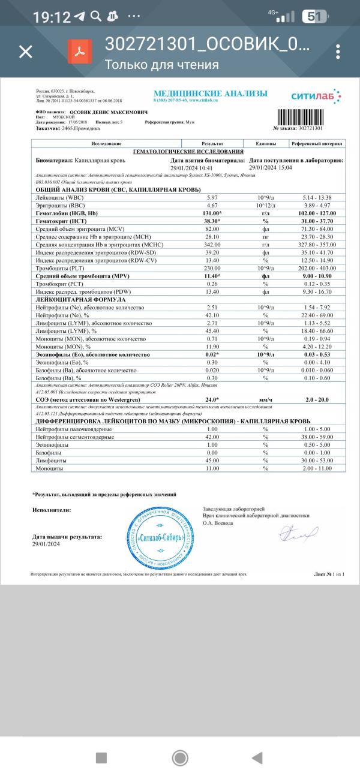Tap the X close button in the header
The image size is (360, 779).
[26, 52]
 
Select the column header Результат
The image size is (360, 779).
[212, 144]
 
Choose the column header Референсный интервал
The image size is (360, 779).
[317, 144]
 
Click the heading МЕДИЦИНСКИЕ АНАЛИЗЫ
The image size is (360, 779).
[210, 93]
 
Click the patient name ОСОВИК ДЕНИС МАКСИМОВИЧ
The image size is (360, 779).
[103, 112]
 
